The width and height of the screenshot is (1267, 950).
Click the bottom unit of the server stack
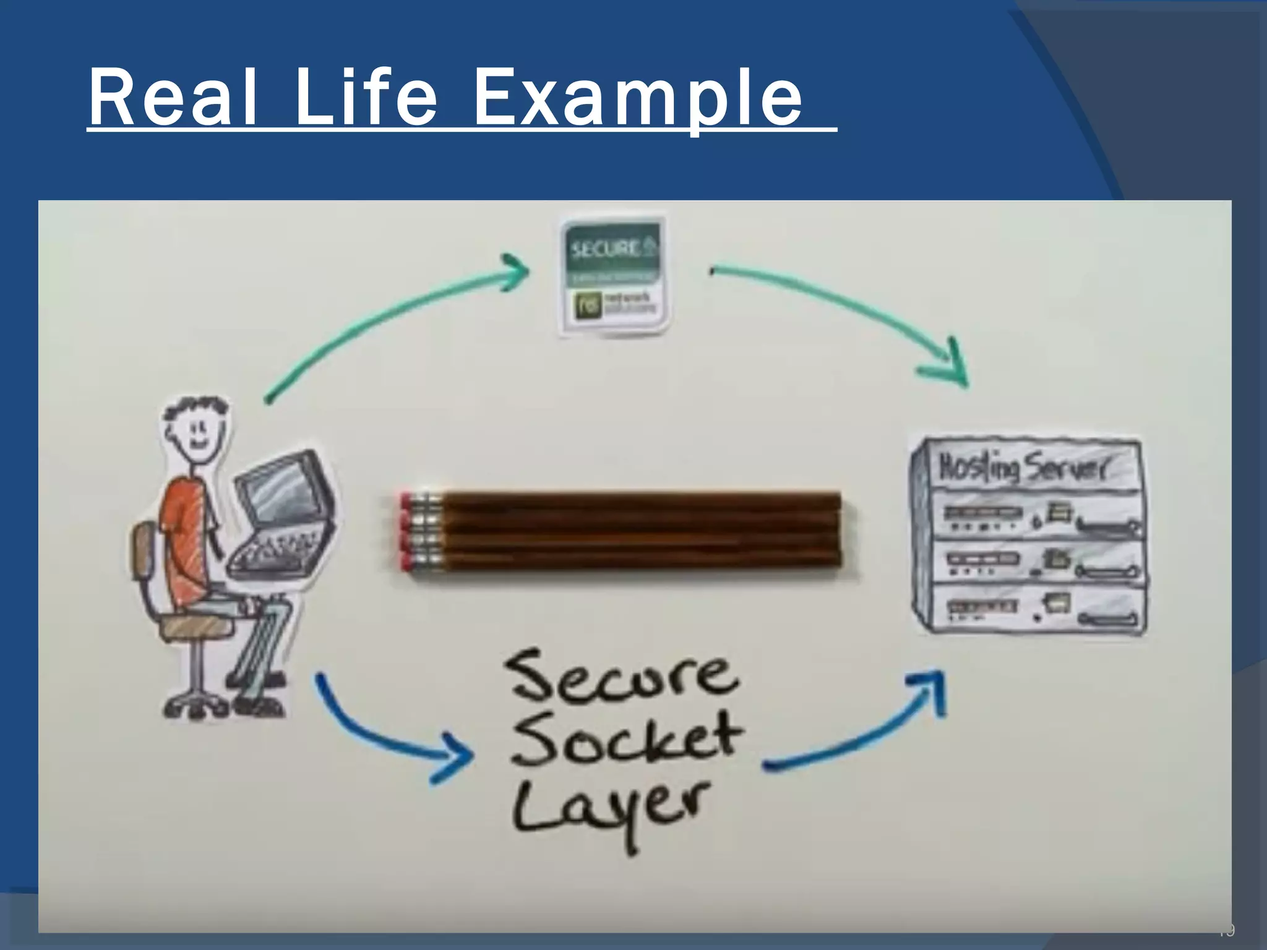(1031, 609)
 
